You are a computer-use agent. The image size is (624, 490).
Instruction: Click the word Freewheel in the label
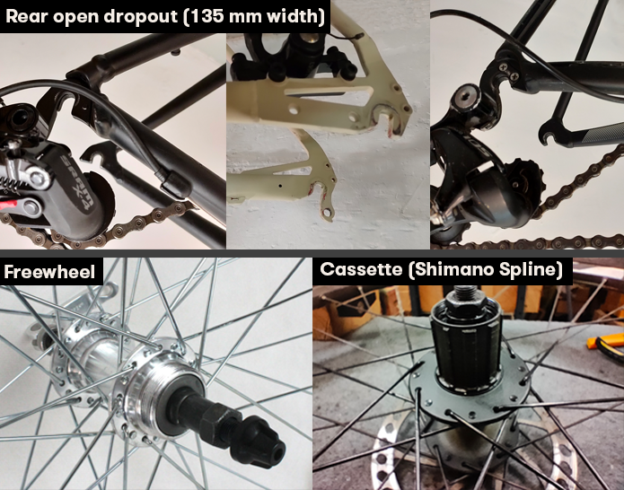[x=49, y=272]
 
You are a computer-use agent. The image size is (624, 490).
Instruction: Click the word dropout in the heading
[x=141, y=17]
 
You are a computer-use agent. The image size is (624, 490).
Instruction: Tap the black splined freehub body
[x=466, y=350]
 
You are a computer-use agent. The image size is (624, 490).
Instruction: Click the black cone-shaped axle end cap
[x=258, y=441]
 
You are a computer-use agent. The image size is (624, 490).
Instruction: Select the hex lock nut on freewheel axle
[x=215, y=418]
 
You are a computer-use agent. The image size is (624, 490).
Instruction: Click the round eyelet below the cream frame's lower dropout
[x=327, y=214]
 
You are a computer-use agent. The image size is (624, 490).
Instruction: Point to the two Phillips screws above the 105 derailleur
[x=508, y=71]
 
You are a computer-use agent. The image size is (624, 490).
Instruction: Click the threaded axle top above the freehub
[x=464, y=293]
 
